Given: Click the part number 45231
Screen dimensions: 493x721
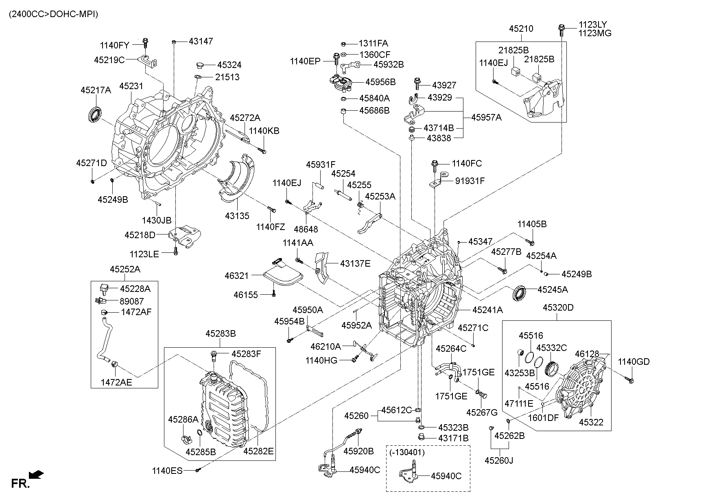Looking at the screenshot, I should (131, 86).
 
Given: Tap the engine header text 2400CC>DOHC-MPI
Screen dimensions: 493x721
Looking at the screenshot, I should (53, 14).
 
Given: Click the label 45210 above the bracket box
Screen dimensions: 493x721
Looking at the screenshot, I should (521, 29).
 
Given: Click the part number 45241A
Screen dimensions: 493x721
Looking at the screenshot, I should (487, 310).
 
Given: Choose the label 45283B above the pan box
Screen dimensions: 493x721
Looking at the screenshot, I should (221, 334).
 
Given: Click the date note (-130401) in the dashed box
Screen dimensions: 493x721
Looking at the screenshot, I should (407, 452).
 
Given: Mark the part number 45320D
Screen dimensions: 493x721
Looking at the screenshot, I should (558, 308).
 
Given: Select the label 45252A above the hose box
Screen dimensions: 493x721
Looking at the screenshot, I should (125, 269).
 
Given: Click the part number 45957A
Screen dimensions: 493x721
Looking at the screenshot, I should (486, 118).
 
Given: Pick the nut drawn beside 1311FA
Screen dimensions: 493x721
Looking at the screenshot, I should (343, 44).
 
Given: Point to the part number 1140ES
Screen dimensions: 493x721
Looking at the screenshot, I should (167, 471).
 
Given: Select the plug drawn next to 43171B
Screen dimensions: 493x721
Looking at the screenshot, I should (422, 438).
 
